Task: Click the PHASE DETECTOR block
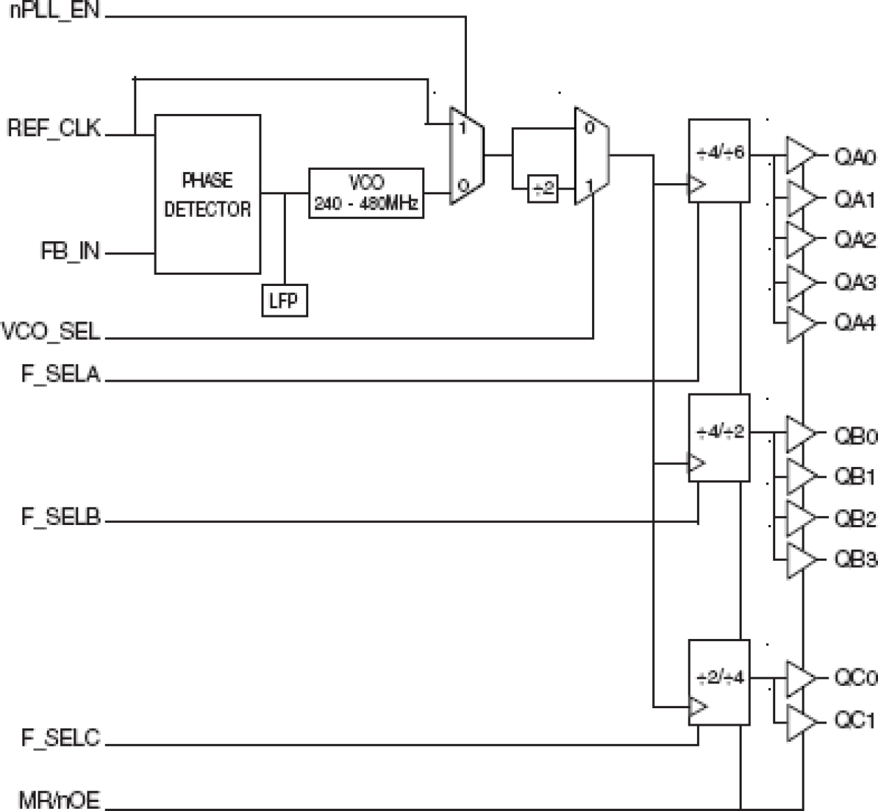tap(208, 194)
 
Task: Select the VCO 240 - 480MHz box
tap(366, 193)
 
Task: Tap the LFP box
tap(284, 301)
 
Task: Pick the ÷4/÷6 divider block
tap(719, 161)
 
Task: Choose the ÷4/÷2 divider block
tap(719, 438)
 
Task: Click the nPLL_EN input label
tap(55, 12)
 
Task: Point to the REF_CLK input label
tap(54, 129)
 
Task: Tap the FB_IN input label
tap(70, 252)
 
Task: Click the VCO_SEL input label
tap(51, 331)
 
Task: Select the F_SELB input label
tap(61, 517)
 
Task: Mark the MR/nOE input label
tap(59, 800)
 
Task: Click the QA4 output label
tap(855, 324)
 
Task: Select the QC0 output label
tap(855, 678)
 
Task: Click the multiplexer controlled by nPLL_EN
tap(466, 156)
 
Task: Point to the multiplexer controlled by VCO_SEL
tap(591, 156)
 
